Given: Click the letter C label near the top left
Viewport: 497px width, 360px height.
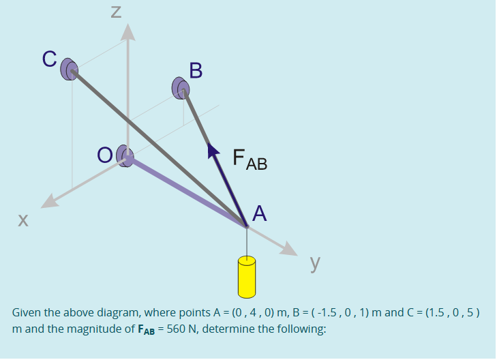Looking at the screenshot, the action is pyautogui.click(x=49, y=59).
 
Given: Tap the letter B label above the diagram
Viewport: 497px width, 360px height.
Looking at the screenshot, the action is pyautogui.click(x=196, y=70).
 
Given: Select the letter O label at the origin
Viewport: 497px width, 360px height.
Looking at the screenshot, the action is pyautogui.click(x=104, y=156).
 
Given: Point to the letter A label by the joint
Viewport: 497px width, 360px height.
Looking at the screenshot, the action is pyautogui.click(x=259, y=213).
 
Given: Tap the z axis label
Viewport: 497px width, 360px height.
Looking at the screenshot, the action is pyautogui.click(x=116, y=12).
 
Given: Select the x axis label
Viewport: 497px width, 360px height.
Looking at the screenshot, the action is pyautogui.click(x=23, y=220).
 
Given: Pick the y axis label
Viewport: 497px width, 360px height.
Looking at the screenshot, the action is pyautogui.click(x=316, y=263).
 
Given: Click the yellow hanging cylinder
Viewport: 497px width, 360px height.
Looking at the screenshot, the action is pyautogui.click(x=246, y=276).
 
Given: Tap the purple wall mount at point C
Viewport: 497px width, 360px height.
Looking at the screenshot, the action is pyautogui.click(x=70, y=69).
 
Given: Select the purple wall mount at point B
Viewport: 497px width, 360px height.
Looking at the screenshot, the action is pyautogui.click(x=181, y=87).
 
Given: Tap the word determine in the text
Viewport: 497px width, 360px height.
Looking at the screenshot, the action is pyautogui.click(x=228, y=328).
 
